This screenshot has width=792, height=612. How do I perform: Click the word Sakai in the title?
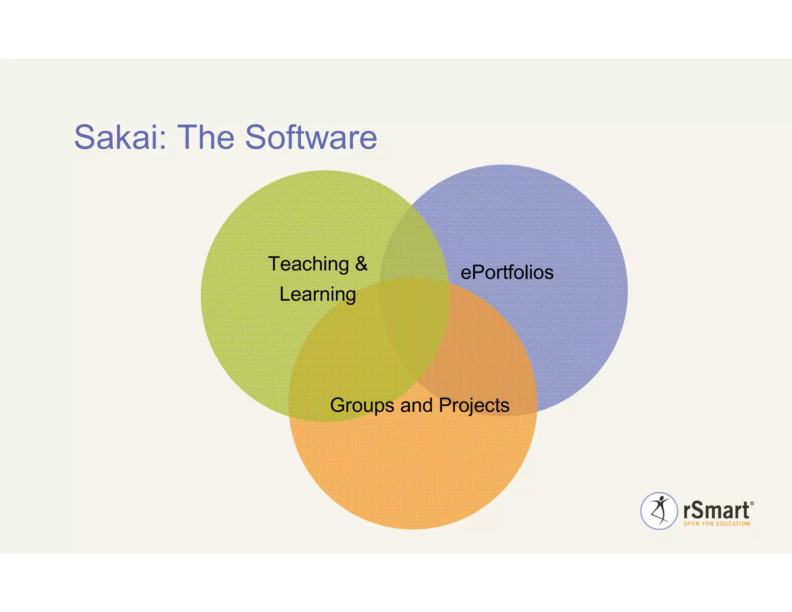point(116,137)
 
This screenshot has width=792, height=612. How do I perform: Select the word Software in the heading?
point(311,137)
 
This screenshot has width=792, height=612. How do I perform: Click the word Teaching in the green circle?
point(309,264)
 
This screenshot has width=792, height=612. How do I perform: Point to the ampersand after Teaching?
point(361,264)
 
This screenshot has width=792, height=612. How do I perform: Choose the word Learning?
point(317,295)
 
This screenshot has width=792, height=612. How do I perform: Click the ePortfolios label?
point(507,272)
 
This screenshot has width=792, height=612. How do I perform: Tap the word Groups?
point(362,406)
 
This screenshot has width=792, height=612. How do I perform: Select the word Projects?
point(474,406)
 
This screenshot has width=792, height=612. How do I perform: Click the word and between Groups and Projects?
point(416,405)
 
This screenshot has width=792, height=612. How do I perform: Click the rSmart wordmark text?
point(717,510)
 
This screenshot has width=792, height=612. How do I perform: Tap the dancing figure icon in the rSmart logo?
point(659,511)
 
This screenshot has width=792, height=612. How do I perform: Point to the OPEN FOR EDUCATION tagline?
point(717,524)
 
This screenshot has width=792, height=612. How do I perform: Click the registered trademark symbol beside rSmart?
point(752,503)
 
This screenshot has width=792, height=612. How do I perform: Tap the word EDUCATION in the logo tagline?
point(733,524)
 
